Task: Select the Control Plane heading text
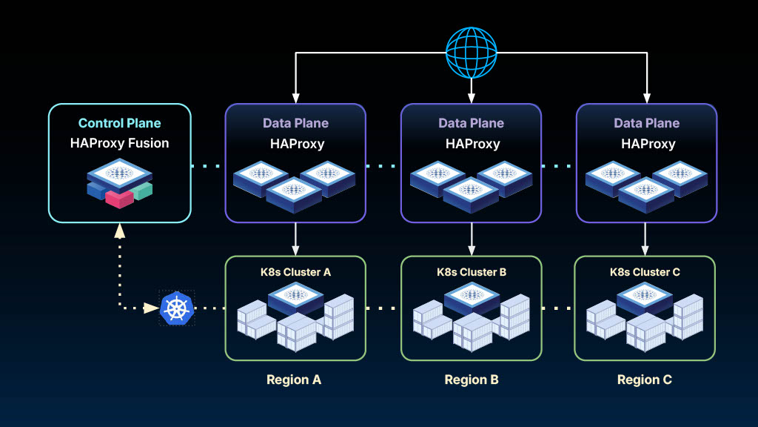click(x=119, y=123)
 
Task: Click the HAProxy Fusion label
click(x=119, y=143)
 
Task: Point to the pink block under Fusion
click(x=118, y=198)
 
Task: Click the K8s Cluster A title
click(x=295, y=272)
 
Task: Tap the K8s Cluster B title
click(x=472, y=272)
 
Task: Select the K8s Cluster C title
click(x=645, y=272)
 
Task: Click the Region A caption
click(x=294, y=380)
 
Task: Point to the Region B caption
click(x=472, y=380)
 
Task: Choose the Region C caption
click(x=645, y=380)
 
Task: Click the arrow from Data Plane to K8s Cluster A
click(x=295, y=239)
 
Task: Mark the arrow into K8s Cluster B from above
click(x=472, y=239)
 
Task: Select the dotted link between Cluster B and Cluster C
click(x=558, y=308)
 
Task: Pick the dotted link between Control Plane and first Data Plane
click(x=208, y=165)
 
